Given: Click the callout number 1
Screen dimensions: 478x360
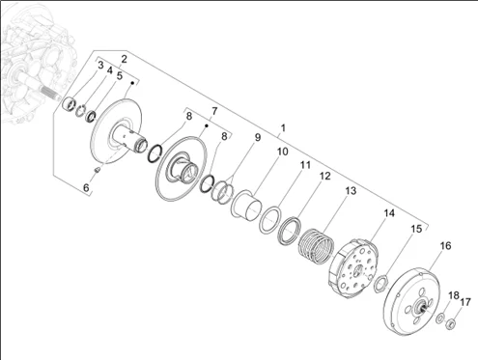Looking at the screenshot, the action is pos(283,128).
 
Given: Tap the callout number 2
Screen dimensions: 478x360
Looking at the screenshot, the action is pos(124,59).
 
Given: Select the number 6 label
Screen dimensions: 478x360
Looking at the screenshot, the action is pos(86,187).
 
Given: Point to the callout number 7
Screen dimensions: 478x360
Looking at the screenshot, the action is pos(214,112).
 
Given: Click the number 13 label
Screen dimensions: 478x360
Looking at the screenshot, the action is pos(351,191).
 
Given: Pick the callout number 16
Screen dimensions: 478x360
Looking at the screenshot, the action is pos(446,246).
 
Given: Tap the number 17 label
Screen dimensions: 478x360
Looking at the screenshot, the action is pos(465,302).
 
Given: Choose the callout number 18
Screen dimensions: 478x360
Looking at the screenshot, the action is pos(454,295).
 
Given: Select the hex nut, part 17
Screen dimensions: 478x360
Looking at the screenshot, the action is pos(451,323).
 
